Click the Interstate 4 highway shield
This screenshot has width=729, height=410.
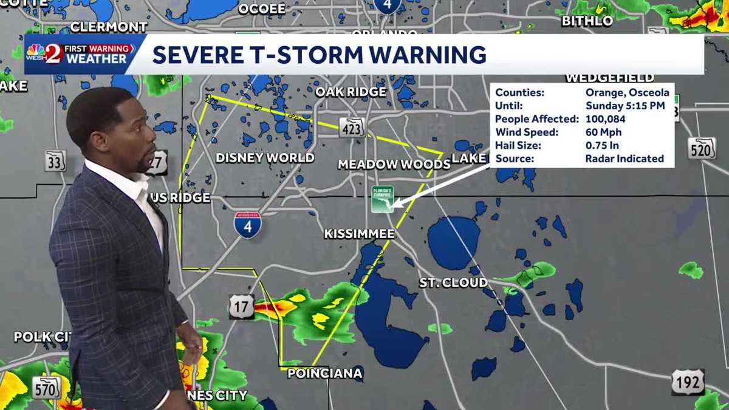[248, 224]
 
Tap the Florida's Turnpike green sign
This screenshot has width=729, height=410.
[383, 199]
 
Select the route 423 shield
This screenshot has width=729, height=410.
[352, 127]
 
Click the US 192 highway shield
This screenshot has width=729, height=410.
[688, 382]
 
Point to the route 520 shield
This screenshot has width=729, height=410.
[702, 148]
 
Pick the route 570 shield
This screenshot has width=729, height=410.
[47, 387]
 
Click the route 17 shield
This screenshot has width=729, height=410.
[242, 307]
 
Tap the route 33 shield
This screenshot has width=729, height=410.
[55, 160]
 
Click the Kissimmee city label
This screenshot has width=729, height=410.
[360, 234]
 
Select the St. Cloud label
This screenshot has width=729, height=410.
[453, 282]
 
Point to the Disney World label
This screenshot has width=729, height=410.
[265, 158]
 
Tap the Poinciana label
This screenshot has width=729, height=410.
[325, 373]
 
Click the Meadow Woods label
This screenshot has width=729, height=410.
[394, 164]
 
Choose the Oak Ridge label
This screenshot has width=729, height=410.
[351, 92]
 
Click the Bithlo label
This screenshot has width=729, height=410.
[587, 21]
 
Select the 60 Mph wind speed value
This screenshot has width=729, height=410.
[603, 132]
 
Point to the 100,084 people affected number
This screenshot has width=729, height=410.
[605, 119]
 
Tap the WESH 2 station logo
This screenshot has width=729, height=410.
[46, 53]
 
